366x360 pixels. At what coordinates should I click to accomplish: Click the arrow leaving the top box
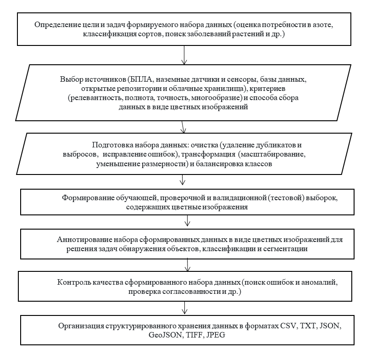click(x=184, y=54)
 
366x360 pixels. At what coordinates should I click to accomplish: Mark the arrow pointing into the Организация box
click(x=184, y=307)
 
